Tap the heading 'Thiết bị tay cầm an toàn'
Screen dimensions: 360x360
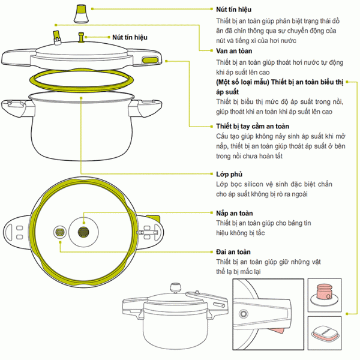(x=252, y=127)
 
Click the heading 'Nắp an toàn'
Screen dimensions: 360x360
(x=235, y=213)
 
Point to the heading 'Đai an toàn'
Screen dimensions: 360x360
(x=233, y=252)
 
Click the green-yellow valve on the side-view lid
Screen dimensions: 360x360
(x=57, y=37)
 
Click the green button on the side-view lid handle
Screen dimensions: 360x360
(x=149, y=59)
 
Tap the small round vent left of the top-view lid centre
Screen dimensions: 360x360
(x=60, y=232)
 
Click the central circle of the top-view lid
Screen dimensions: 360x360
(x=84, y=231)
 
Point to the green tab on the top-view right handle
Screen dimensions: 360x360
(x=157, y=218)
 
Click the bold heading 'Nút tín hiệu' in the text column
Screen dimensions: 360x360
(x=234, y=10)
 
